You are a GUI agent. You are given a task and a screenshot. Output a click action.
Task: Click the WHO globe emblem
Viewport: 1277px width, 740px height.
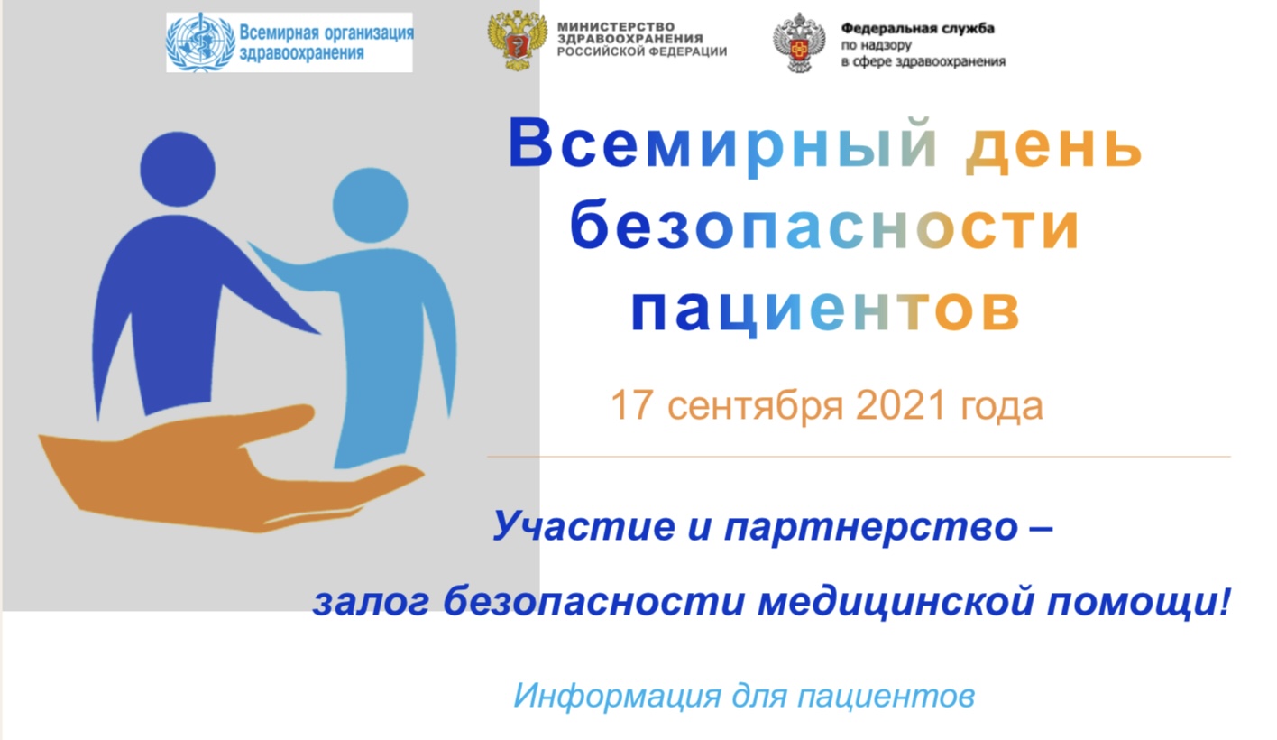point(200,42)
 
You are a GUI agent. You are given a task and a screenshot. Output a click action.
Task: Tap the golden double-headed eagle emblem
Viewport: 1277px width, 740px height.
point(517,40)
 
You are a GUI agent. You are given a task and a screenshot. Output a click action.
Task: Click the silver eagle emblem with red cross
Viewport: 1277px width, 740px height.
point(799,42)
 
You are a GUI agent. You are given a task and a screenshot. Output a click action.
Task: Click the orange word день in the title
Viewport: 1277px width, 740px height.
point(1053,145)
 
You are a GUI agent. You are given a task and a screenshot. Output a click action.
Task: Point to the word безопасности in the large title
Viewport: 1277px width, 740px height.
point(824,225)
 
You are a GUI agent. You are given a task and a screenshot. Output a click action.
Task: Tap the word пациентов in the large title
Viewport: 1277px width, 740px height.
point(825,310)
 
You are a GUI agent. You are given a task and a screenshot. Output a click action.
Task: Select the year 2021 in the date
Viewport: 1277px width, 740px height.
point(901,405)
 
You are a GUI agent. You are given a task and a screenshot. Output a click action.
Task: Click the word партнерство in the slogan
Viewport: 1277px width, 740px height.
point(871,528)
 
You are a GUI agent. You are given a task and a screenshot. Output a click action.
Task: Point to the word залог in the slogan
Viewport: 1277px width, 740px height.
point(372,604)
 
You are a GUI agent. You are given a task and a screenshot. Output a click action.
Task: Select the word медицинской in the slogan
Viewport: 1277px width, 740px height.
point(896,603)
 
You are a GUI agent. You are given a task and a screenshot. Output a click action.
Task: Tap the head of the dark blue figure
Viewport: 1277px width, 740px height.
point(178,169)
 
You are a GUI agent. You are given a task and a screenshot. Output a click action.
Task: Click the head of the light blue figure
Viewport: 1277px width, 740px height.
point(370,206)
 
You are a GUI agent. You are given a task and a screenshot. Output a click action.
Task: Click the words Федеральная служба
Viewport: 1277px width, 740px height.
point(918,28)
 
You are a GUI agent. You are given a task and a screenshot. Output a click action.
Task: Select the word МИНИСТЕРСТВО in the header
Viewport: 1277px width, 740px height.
point(616,26)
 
